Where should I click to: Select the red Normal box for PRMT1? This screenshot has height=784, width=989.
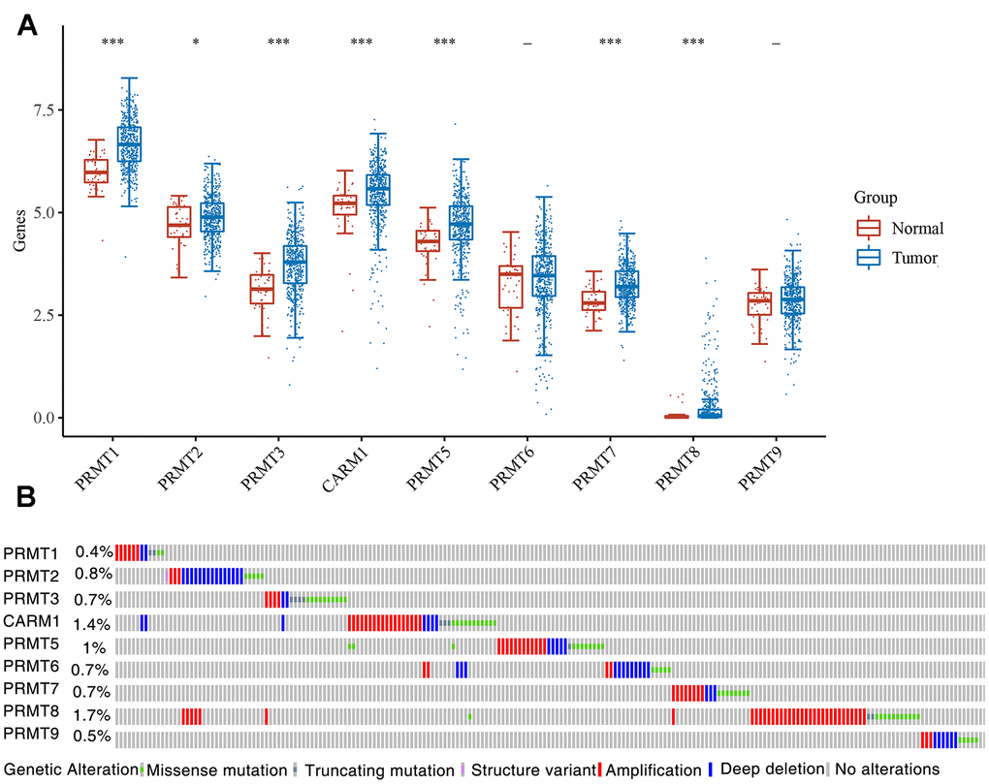96,172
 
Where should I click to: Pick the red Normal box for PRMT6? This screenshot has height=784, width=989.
510,287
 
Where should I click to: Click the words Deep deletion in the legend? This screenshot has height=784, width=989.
771,769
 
